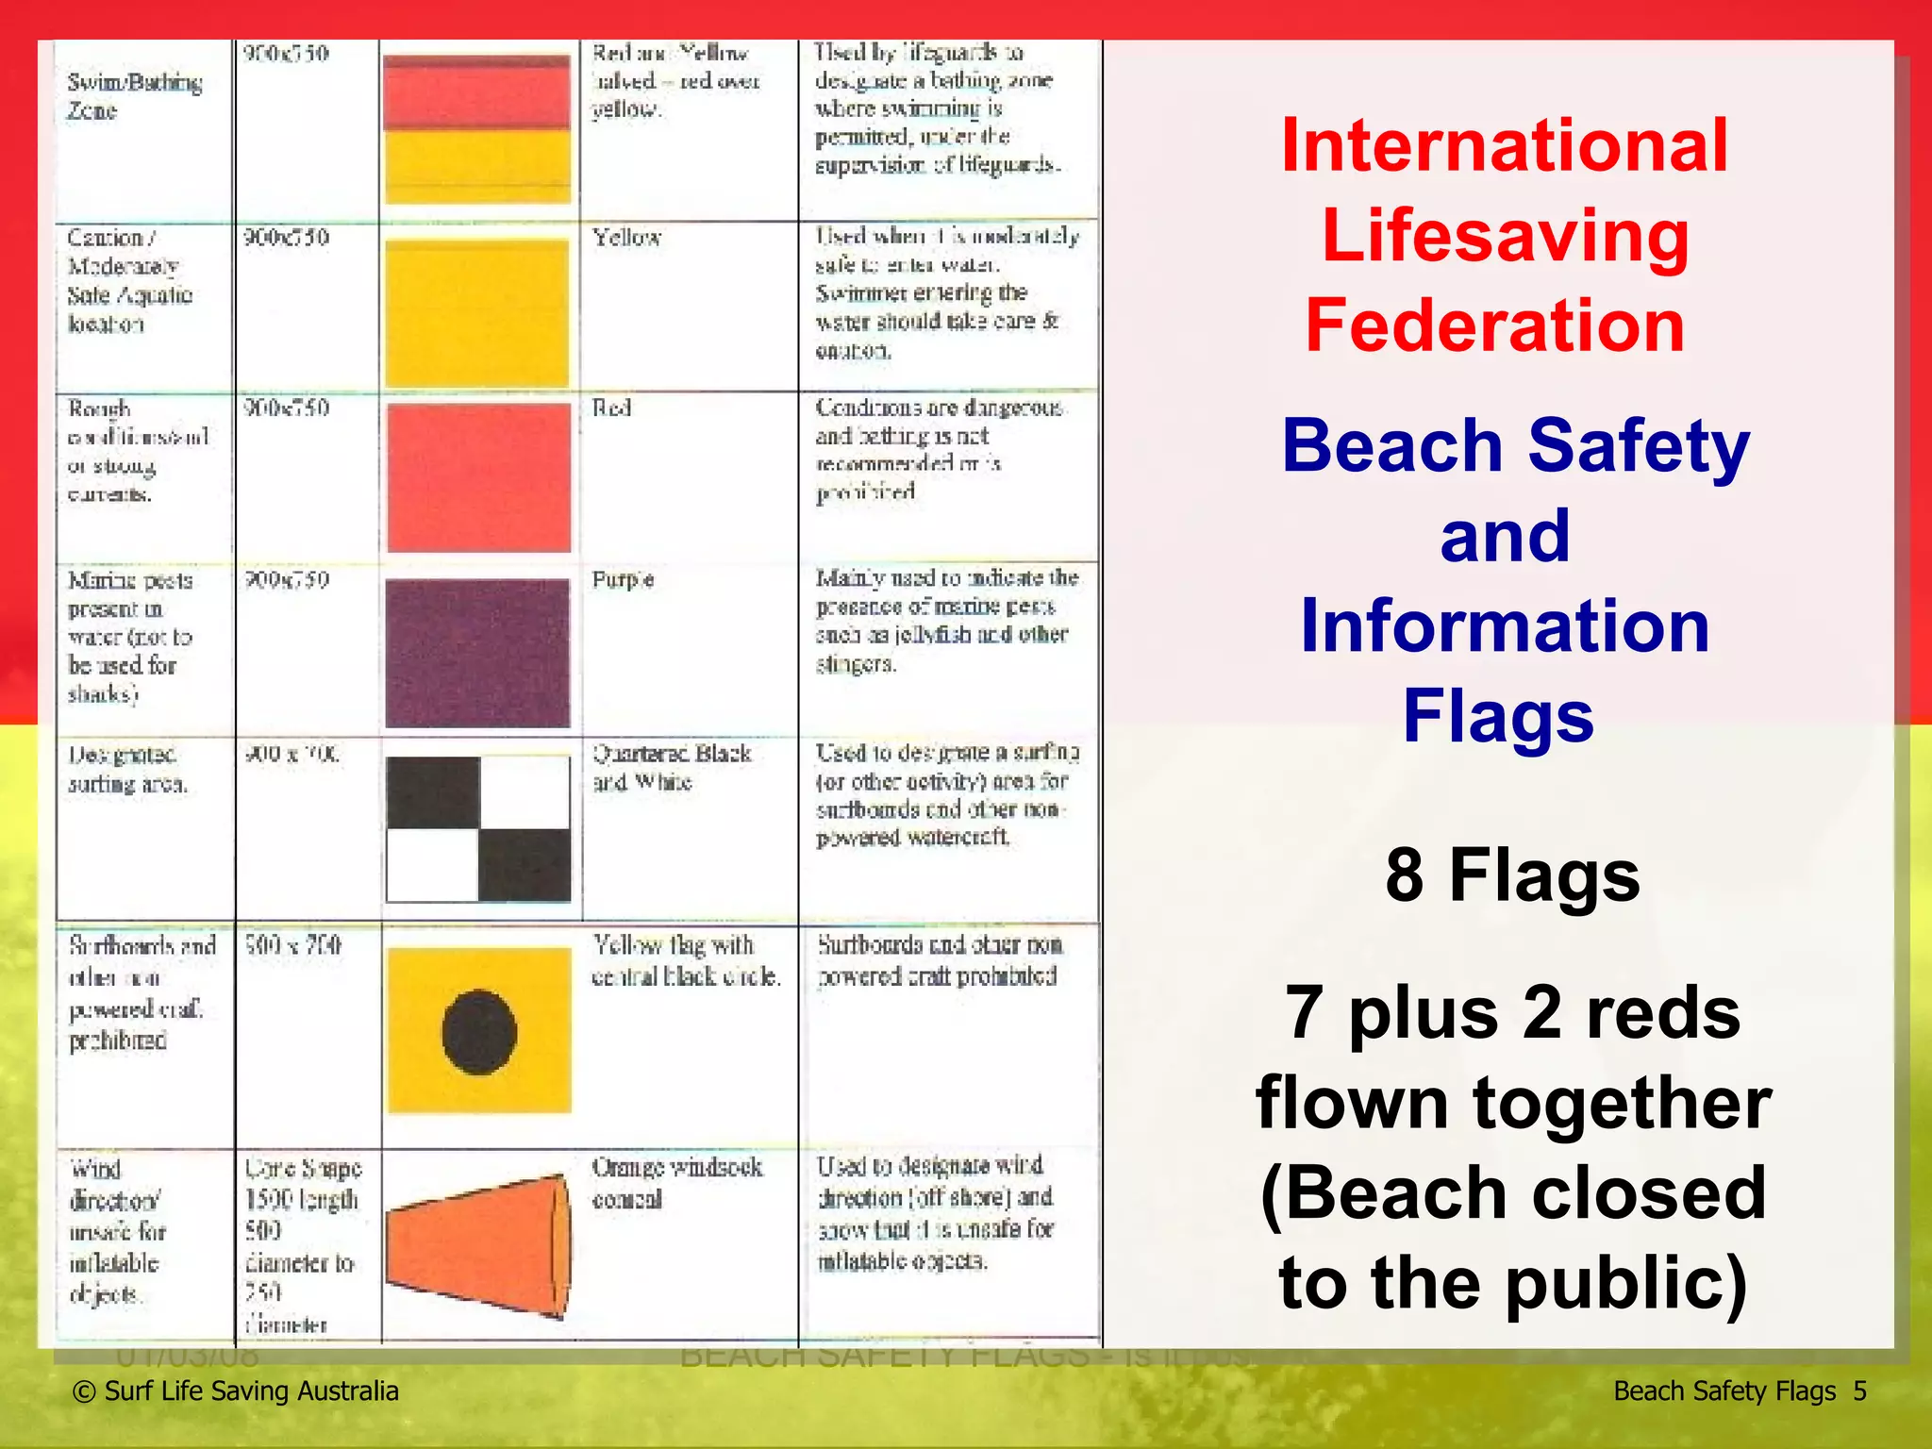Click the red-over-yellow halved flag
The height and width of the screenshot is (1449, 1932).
click(477, 129)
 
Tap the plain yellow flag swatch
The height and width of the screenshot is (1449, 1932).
click(477, 313)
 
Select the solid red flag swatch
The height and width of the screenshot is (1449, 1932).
click(478, 476)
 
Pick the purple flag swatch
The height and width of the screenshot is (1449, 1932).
click(477, 653)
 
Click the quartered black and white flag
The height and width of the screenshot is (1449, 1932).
click(478, 828)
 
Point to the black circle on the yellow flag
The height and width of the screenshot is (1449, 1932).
click(479, 1032)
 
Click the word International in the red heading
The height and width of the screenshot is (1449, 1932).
click(1505, 145)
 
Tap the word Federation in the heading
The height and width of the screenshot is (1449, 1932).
click(1495, 325)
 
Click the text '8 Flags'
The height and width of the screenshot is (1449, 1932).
click(1512, 874)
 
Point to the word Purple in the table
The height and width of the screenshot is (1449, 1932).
click(623, 579)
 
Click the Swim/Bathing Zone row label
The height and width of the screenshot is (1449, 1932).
click(134, 96)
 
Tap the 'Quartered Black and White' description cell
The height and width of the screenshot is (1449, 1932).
click(671, 767)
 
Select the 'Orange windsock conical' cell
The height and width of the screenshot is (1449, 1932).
click(676, 1183)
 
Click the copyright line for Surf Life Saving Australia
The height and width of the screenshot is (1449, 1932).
click(236, 1391)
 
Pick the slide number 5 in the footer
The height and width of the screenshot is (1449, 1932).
click(1859, 1391)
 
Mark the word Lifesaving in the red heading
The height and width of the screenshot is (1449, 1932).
click(1505, 235)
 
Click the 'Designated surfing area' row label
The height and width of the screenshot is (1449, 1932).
click(126, 769)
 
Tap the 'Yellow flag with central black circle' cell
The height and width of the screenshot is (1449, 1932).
click(686, 960)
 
